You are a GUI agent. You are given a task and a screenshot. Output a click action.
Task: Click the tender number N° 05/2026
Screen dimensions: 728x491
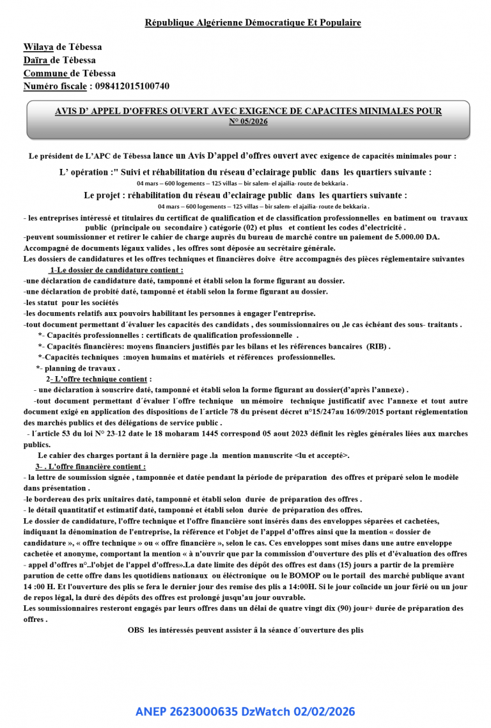point(248,121)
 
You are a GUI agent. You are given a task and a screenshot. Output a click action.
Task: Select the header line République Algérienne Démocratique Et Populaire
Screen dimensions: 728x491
point(253,23)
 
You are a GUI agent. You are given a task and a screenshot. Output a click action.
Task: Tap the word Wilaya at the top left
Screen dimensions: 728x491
point(38,47)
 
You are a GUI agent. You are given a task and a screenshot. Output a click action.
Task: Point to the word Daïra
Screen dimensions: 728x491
point(36,60)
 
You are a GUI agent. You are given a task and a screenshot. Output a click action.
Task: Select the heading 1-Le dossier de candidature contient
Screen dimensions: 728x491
point(116,270)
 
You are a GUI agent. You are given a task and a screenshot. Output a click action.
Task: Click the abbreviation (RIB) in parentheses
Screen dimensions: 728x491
point(377,347)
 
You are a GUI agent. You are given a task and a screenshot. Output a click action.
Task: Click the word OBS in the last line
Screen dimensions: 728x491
point(136,630)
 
